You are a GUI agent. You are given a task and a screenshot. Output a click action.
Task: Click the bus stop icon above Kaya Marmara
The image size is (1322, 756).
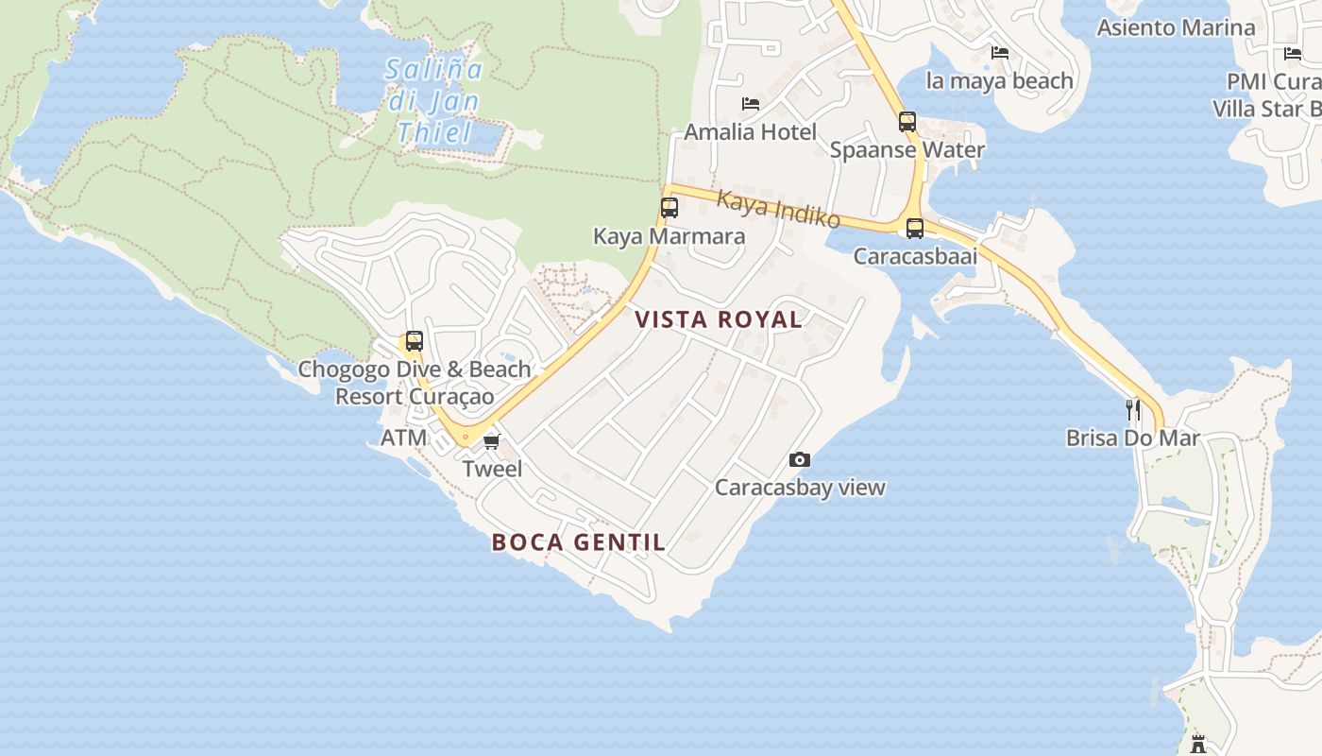tap(669, 208)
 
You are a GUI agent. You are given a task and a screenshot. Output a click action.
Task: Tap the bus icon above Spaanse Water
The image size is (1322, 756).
tap(907, 121)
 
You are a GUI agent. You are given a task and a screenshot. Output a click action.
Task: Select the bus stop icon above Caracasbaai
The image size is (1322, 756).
tap(914, 228)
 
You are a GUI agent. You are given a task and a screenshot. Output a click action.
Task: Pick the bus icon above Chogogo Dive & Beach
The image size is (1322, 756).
tap(414, 341)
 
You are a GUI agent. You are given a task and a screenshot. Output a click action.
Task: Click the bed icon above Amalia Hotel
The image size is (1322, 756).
tap(751, 103)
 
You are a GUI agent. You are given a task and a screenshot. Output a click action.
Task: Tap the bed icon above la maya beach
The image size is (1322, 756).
tap(1000, 52)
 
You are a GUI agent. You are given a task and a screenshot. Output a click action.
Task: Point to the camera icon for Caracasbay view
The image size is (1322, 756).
tap(800, 459)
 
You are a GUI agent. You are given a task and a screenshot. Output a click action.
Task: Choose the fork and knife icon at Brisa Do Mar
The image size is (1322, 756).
tap(1133, 409)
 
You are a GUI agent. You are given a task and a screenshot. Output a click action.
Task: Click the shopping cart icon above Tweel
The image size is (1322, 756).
tap(491, 441)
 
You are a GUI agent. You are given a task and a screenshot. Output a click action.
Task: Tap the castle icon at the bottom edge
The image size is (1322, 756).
tap(1198, 743)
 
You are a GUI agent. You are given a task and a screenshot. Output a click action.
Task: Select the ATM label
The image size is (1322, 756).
tap(403, 438)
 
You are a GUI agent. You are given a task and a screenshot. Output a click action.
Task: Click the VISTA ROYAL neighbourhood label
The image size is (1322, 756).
tap(719, 319)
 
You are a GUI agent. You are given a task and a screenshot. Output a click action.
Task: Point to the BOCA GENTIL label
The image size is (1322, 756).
tap(579, 542)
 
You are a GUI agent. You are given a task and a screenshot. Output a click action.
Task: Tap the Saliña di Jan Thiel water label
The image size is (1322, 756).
tap(434, 100)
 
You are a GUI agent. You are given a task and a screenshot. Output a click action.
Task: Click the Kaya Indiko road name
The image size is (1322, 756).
tap(778, 209)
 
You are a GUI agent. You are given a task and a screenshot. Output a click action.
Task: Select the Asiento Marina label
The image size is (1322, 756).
tap(1176, 27)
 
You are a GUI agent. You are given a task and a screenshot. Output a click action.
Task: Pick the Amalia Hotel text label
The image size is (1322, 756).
tap(750, 131)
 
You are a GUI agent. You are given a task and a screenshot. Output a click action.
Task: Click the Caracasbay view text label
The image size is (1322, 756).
tap(800, 488)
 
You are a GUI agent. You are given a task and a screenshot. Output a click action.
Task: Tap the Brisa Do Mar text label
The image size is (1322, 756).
tap(1132, 438)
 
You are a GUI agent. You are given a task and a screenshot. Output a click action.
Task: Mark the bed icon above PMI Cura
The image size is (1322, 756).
tap(1293, 53)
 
